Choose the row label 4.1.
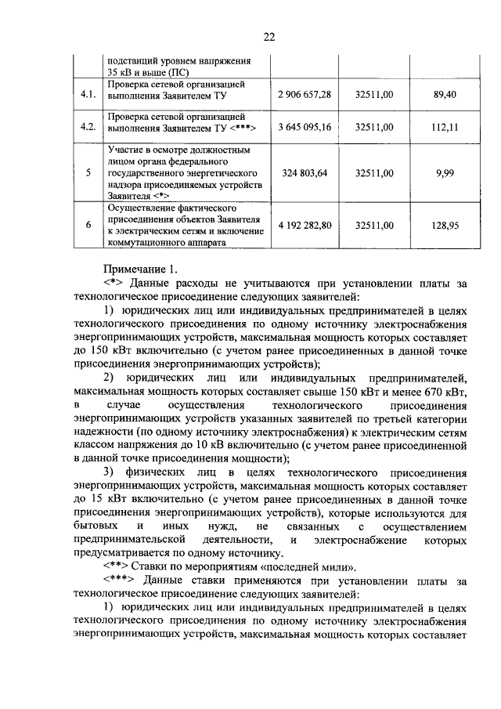click(x=88, y=95)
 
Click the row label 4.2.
click(x=88, y=125)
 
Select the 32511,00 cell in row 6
click(x=374, y=226)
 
